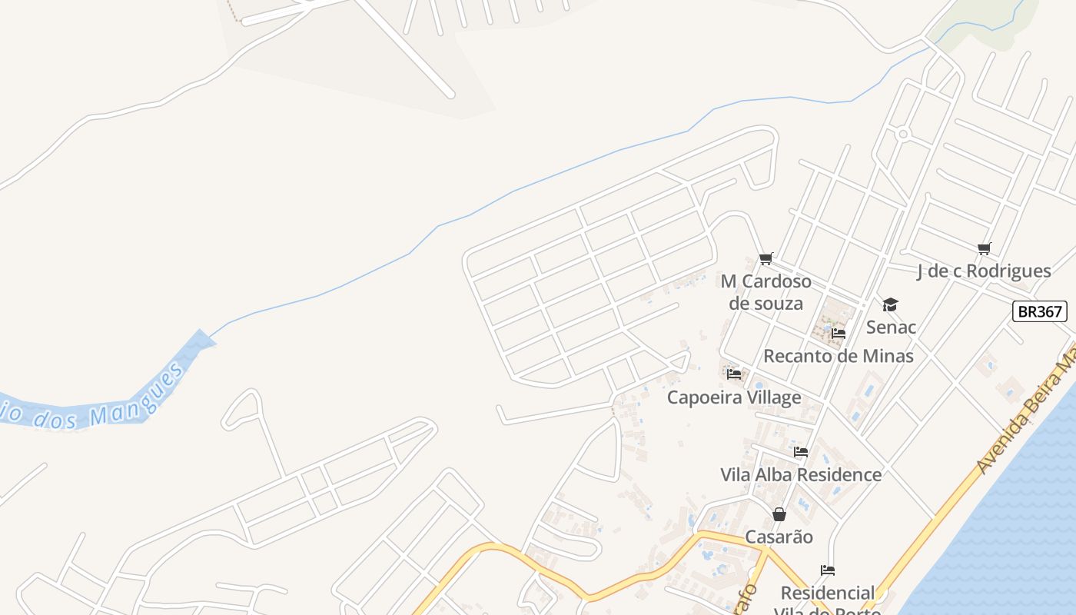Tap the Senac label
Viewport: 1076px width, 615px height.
point(891,327)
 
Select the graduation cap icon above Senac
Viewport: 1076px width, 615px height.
point(890,305)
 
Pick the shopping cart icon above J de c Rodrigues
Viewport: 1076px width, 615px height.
point(984,248)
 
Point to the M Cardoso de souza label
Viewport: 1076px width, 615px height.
point(765,292)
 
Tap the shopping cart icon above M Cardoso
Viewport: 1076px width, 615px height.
point(765,258)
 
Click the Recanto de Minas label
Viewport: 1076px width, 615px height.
point(838,356)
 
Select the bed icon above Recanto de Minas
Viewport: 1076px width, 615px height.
point(838,334)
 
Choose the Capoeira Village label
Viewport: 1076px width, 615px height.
point(733,397)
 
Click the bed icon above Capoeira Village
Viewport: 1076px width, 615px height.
point(734,374)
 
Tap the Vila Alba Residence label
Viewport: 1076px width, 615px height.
point(801,474)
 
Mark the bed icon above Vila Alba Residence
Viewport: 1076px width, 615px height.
point(801,452)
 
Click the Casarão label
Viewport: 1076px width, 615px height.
point(779,537)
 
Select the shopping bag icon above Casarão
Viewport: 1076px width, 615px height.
point(779,514)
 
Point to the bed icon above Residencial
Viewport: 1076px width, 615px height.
point(828,570)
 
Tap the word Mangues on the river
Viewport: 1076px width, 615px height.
point(137,396)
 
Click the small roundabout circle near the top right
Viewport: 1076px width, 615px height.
point(903,135)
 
